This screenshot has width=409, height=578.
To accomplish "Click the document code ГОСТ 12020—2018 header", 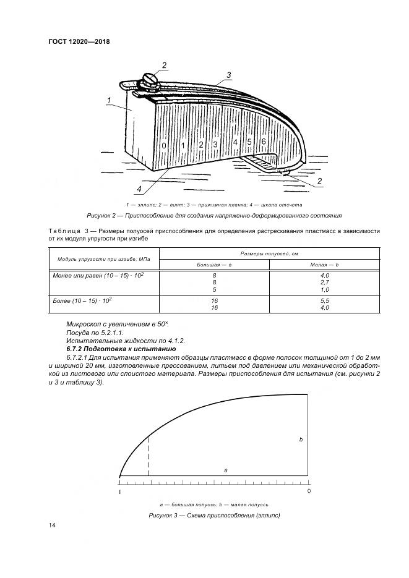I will pos(83,42).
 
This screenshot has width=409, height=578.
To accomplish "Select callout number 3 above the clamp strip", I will pos(228,75).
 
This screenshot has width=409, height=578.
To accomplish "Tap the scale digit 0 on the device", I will pos(163,146).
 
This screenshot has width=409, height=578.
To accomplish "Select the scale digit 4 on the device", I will pos(235,143).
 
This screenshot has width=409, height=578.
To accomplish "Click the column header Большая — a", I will pos(214,264).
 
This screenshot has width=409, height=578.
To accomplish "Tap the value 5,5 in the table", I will pos(324,300).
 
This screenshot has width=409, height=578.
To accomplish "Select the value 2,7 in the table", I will pos(324,281).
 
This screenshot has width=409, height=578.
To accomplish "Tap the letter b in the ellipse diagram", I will pos(301,440).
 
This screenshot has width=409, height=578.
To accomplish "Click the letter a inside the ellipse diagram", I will pos(226,470).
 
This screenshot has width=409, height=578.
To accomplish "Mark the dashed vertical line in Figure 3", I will pos(149,456).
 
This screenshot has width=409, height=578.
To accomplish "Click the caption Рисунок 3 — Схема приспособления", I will pos(214,515).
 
